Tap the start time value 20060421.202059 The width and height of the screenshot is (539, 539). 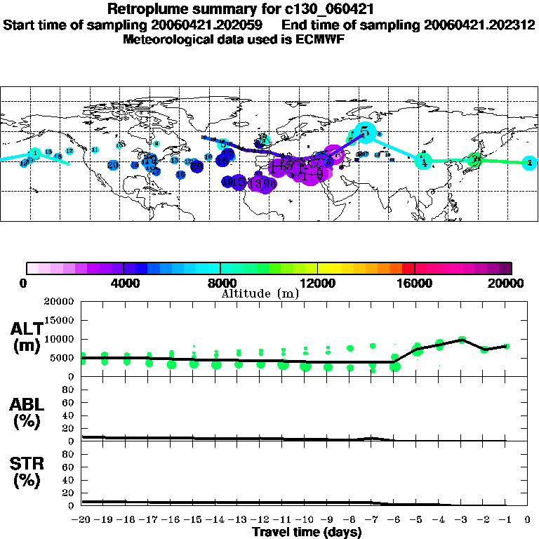pos(211,25)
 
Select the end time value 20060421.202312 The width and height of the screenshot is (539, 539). pos(479,25)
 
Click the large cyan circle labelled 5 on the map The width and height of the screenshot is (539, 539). pos(365,131)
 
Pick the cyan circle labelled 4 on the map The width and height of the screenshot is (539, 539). pos(423,161)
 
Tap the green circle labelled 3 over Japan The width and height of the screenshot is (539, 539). pos(475,160)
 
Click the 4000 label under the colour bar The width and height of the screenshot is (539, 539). pos(124,283)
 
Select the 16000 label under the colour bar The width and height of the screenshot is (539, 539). pos(415,283)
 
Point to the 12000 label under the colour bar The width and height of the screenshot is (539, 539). pos(318,283)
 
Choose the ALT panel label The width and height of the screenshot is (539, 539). pos(27,336)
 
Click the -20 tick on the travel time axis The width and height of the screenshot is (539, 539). pos(81,520)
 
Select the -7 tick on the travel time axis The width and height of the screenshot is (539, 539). pos(372,520)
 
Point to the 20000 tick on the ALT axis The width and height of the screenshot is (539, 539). pos(60,302)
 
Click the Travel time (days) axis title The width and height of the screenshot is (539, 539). pos(307,533)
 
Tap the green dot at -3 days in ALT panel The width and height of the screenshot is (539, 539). pos(462,340)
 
